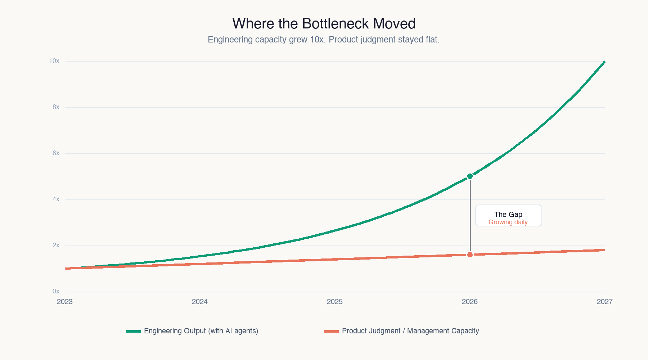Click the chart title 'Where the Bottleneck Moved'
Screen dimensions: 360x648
[x=324, y=24]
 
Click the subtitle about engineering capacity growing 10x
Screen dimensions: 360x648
[x=323, y=39]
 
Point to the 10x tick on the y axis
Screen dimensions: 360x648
[x=54, y=61]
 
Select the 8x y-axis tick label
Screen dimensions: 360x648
[x=56, y=107]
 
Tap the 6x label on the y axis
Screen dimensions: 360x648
[x=56, y=153]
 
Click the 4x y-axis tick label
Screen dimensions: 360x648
[x=56, y=199]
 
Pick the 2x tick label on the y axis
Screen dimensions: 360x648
[x=56, y=245]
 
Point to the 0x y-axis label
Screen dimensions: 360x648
[x=56, y=291]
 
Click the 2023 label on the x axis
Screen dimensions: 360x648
[x=65, y=302]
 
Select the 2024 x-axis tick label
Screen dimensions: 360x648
[x=200, y=302]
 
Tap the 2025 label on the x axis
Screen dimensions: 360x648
[x=335, y=302]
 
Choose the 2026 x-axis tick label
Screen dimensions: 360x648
[x=470, y=302]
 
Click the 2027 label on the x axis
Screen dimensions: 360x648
[x=604, y=302]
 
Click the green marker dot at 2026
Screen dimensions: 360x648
[x=470, y=176]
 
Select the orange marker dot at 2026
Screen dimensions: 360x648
[x=470, y=255]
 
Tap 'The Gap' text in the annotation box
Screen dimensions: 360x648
[x=508, y=214]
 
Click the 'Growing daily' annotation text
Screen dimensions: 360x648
[x=508, y=222]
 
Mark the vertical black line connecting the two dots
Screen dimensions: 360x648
[x=470, y=216]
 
